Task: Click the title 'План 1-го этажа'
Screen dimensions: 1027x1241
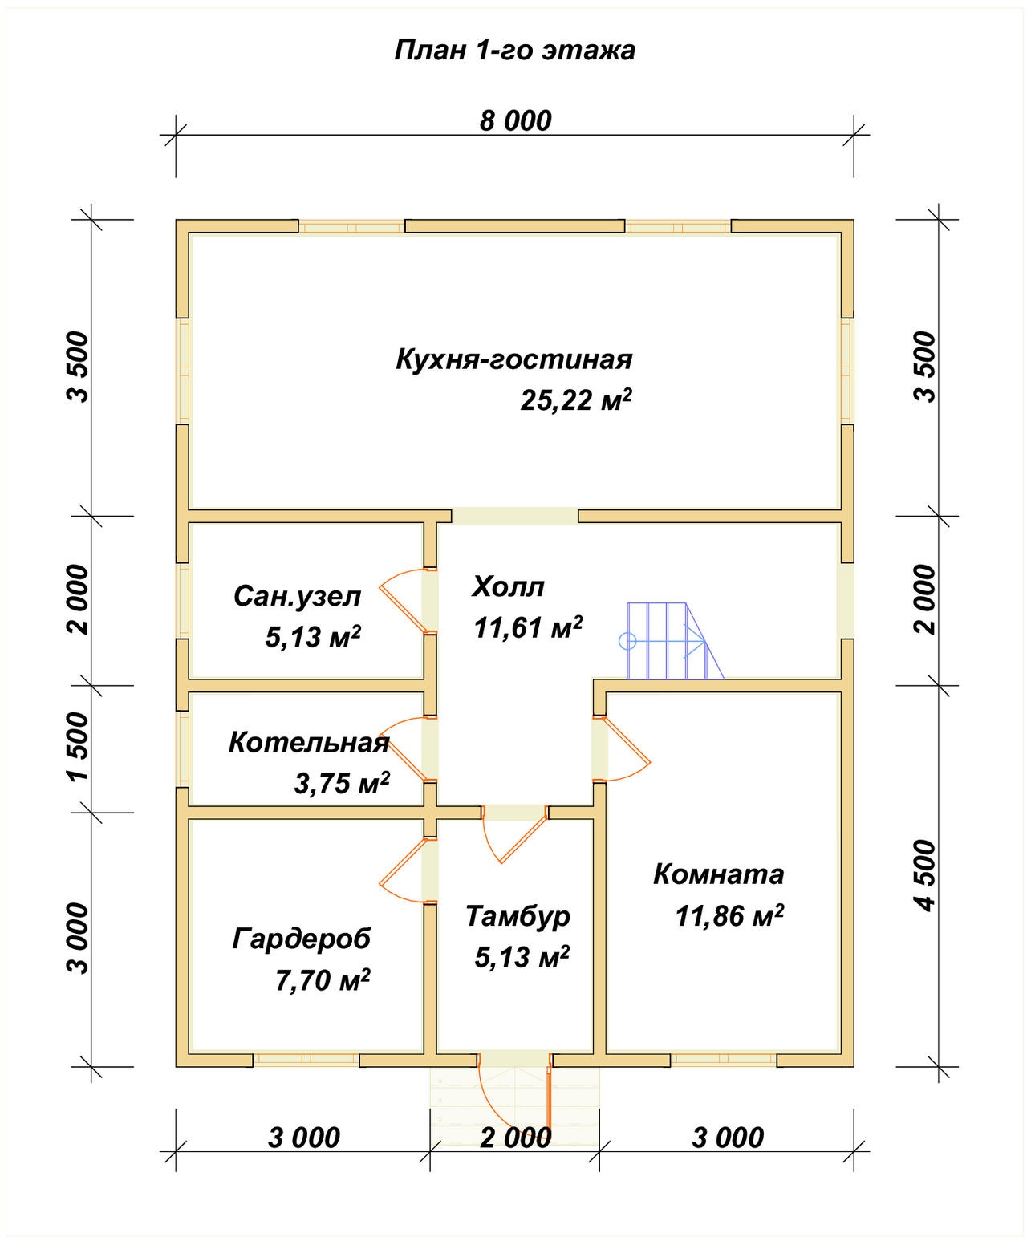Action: (514, 50)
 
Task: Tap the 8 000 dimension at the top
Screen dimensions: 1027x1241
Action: (515, 120)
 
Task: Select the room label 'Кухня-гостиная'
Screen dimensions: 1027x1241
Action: (513, 359)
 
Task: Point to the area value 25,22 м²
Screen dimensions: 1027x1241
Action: (575, 399)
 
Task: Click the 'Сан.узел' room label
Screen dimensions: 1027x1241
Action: (298, 596)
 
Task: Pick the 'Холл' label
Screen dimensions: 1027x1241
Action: (508, 586)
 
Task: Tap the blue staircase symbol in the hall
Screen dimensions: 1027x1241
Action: (672, 641)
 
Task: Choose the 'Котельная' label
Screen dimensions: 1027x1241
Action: (309, 743)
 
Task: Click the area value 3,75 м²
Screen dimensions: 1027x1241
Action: (342, 784)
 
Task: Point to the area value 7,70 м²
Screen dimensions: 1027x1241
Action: (323, 980)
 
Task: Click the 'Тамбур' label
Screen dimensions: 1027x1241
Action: (518, 916)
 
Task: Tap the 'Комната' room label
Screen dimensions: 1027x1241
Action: (718, 874)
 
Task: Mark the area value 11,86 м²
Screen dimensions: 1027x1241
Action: (729, 916)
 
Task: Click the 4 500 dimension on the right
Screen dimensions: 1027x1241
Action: (925, 875)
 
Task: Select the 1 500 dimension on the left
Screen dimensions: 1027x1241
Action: (78, 747)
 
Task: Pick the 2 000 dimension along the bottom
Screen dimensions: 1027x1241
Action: (516, 1138)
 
